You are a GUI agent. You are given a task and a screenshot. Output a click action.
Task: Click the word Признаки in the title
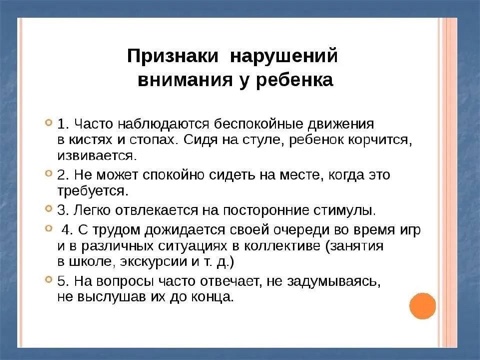(173, 56)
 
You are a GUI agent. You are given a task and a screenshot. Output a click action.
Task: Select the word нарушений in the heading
(284, 56)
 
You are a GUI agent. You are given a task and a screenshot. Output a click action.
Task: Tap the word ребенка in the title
(294, 80)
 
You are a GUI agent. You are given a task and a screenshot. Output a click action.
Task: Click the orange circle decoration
(423, 306)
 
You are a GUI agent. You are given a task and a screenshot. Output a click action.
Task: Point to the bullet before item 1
(49, 122)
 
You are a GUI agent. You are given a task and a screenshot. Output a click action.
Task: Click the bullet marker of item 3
(49, 209)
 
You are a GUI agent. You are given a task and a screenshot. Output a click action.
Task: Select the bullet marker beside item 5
(49, 279)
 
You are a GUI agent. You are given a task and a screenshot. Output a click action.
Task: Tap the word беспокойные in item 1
(259, 124)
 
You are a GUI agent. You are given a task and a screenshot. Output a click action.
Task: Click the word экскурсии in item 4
(153, 262)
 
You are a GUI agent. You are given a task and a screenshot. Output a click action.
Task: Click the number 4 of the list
(66, 230)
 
